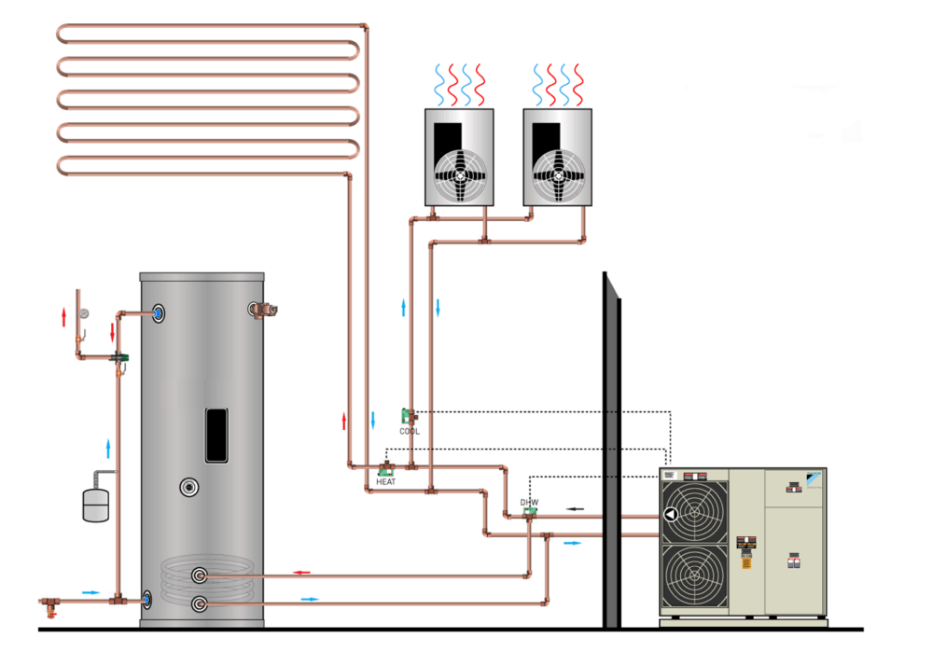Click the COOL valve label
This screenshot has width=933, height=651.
[410, 432]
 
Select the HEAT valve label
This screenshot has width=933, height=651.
[386, 482]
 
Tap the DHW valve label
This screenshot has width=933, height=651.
[529, 502]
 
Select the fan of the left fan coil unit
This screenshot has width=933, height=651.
[460, 173]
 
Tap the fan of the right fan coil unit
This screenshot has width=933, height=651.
[558, 173]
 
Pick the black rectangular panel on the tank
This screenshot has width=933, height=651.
[217, 435]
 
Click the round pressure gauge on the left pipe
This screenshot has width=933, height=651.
[84, 314]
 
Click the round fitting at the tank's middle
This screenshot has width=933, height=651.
[190, 486]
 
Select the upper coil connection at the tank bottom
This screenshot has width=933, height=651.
[199, 575]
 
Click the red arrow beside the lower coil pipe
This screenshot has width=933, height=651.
[300, 572]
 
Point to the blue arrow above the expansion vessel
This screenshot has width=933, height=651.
[109, 449]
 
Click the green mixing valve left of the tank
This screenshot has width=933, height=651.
[119, 357]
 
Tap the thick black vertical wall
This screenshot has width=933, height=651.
[611, 448]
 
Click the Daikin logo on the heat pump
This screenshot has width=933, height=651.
[815, 475]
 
